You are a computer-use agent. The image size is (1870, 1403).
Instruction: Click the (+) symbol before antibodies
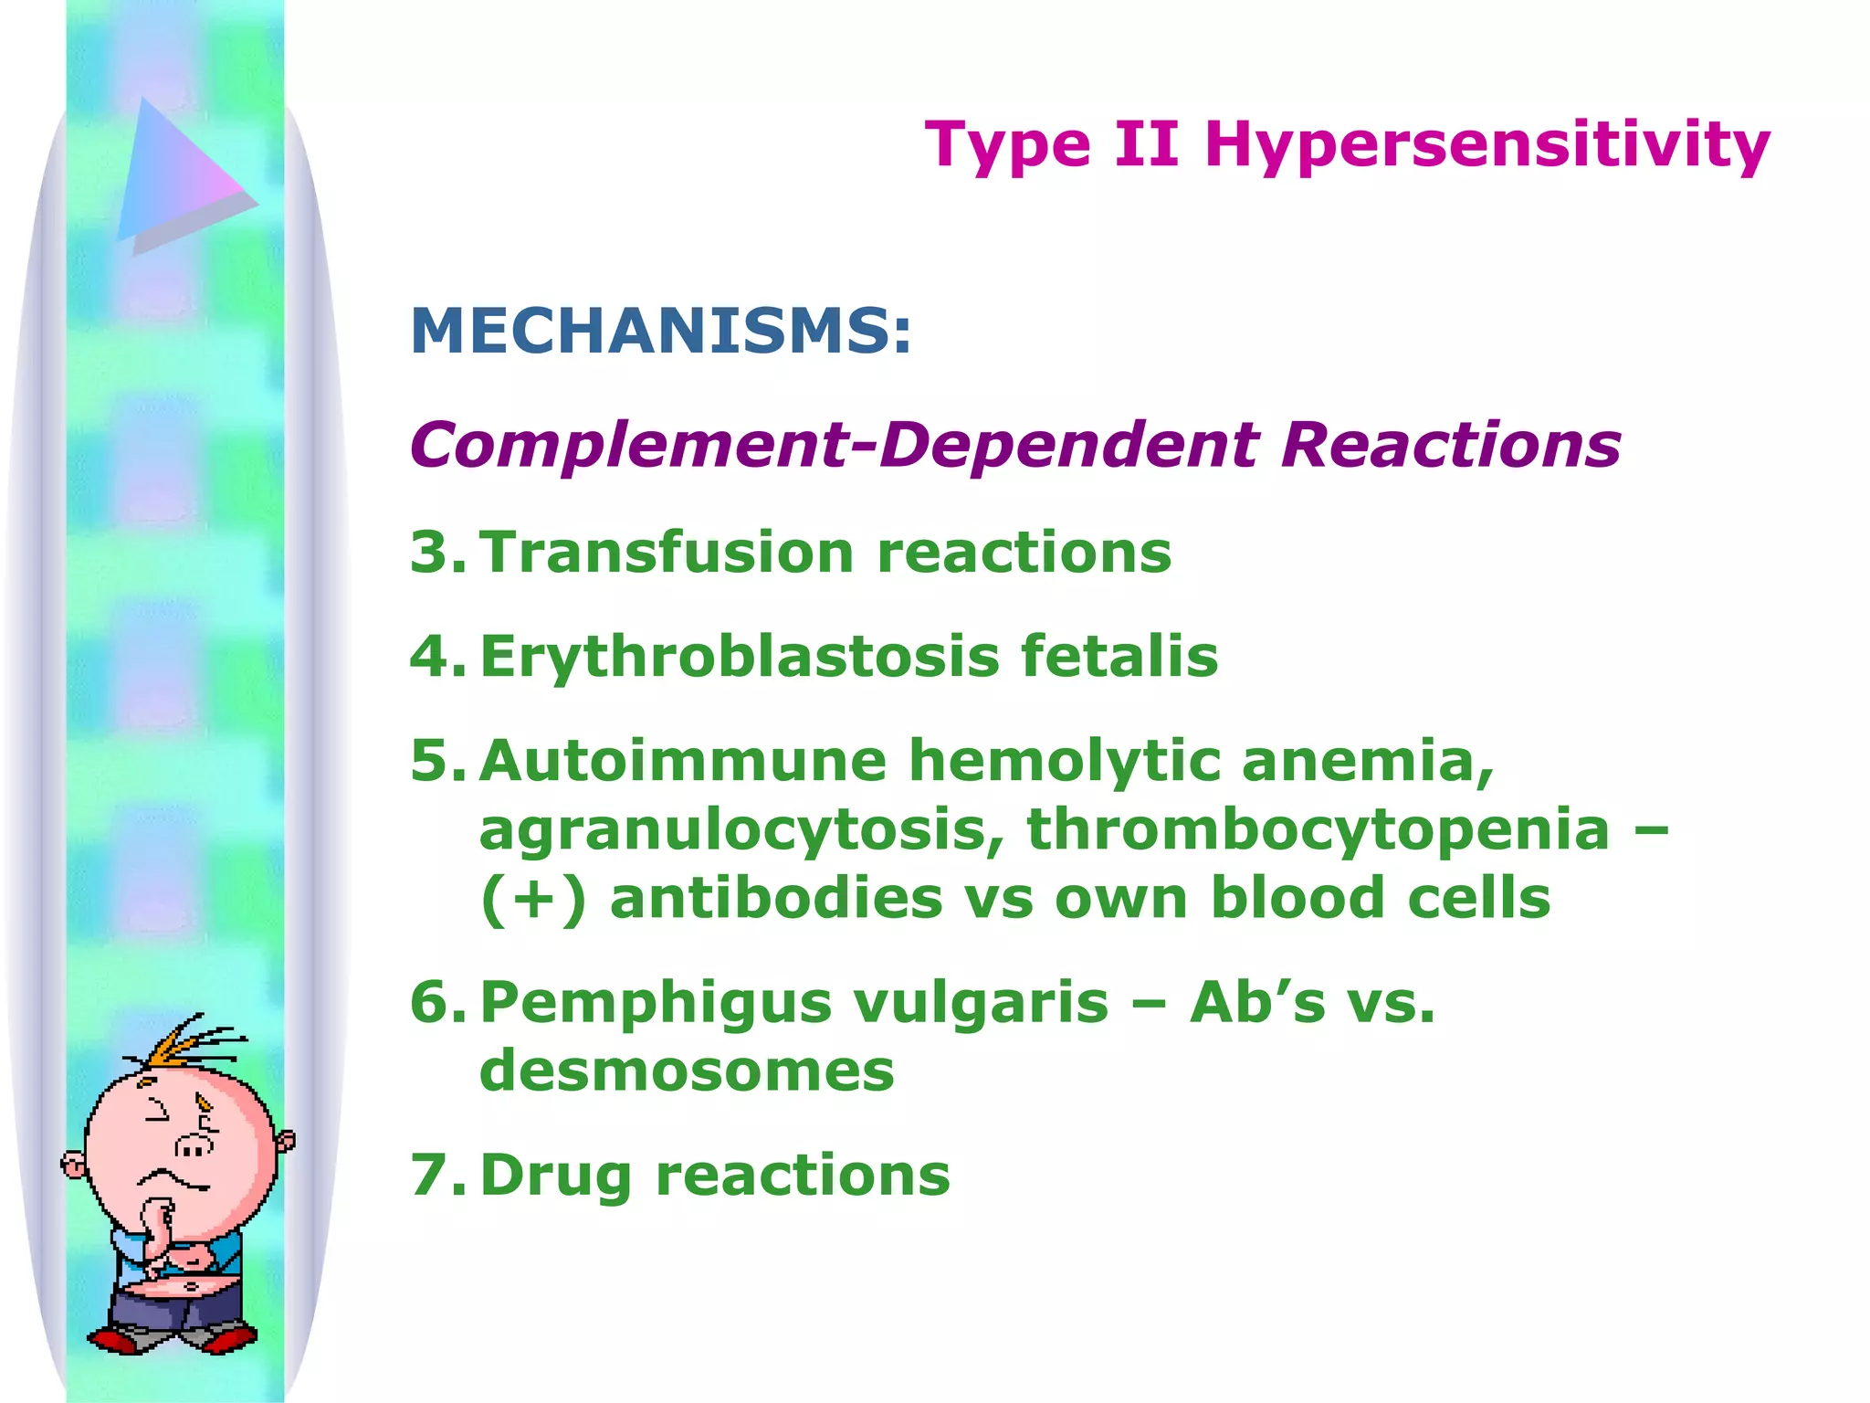click(x=533, y=899)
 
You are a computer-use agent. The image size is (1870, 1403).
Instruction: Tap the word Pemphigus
click(x=656, y=1004)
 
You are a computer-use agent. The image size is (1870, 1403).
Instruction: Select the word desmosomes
click(x=687, y=1071)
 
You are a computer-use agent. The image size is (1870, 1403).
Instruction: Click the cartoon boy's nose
click(x=194, y=1146)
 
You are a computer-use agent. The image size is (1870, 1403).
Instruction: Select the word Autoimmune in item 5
click(x=682, y=761)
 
